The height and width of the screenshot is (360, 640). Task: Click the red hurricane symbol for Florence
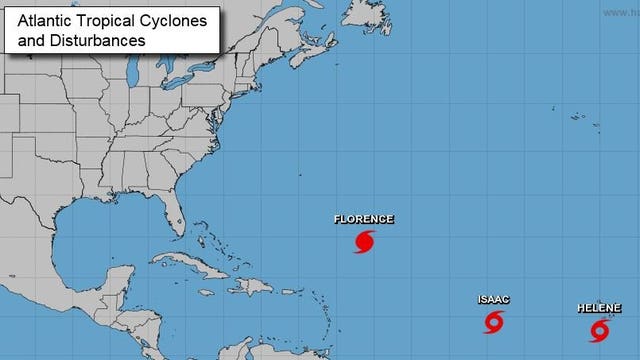pyautogui.click(x=365, y=241)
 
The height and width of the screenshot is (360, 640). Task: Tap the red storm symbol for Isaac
pyautogui.click(x=494, y=322)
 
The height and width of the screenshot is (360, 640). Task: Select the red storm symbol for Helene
pyautogui.click(x=600, y=329)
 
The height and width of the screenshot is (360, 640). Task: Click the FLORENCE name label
pyautogui.click(x=363, y=219)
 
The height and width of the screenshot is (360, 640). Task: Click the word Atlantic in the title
pyautogui.click(x=39, y=23)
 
